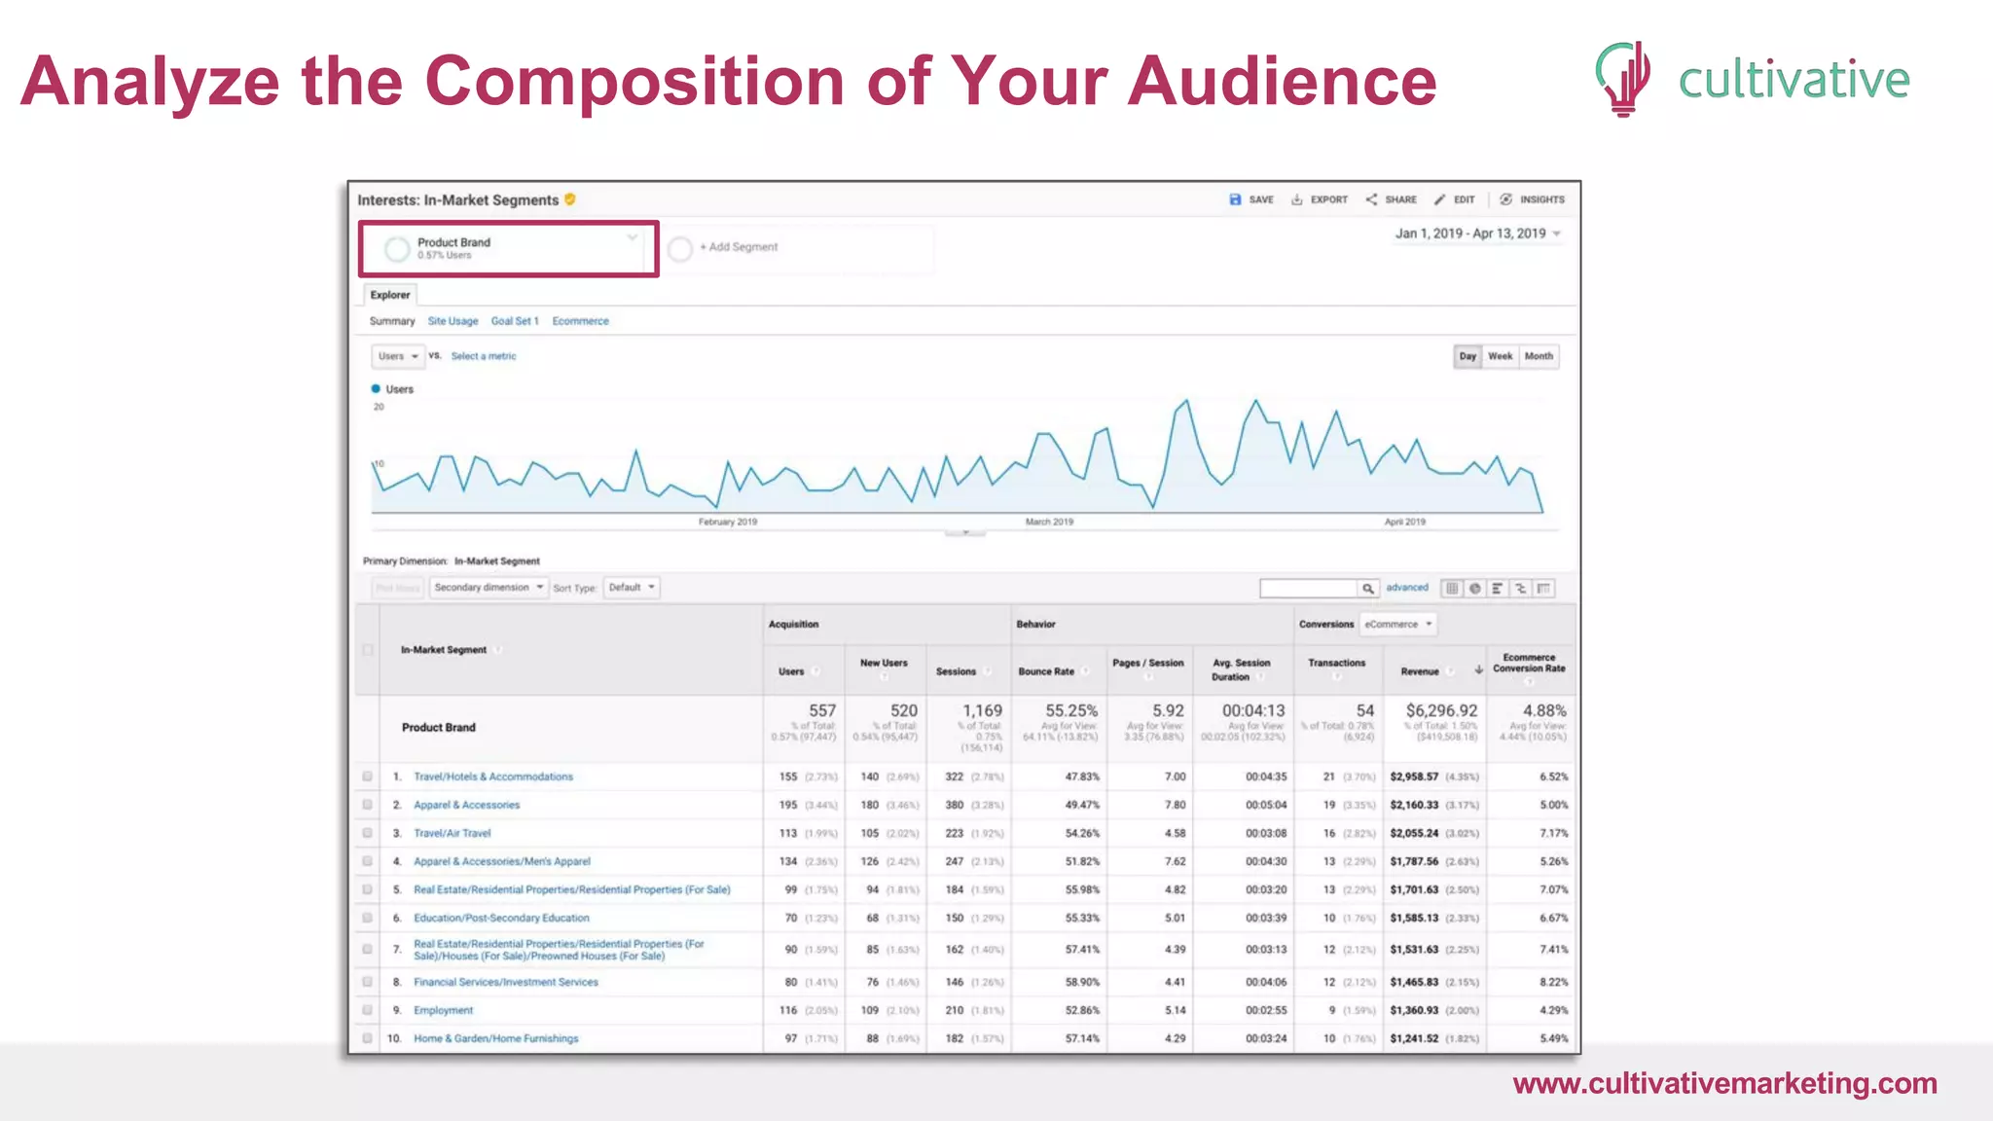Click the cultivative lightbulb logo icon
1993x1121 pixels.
pos(1623,78)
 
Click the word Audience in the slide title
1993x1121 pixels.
pos(1282,82)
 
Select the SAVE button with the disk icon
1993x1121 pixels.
pos(1251,199)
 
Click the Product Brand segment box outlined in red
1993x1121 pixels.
pos(508,249)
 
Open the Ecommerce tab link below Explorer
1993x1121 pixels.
pos(580,321)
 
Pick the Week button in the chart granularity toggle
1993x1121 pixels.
pos(1500,356)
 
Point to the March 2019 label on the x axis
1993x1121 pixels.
pos(1049,523)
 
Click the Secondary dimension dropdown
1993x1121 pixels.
pos(489,588)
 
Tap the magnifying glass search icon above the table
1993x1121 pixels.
pos(1367,589)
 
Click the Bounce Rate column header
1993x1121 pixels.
pos(1046,671)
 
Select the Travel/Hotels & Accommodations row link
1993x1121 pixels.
pos(493,777)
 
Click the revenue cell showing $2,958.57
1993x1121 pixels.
pos(1414,777)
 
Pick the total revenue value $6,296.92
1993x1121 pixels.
pos(1441,711)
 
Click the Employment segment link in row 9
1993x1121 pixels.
pos(443,1010)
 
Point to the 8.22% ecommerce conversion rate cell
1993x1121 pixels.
pos(1553,982)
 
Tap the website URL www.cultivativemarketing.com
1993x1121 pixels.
pos(1724,1084)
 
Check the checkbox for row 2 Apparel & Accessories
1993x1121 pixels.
pos(367,805)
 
